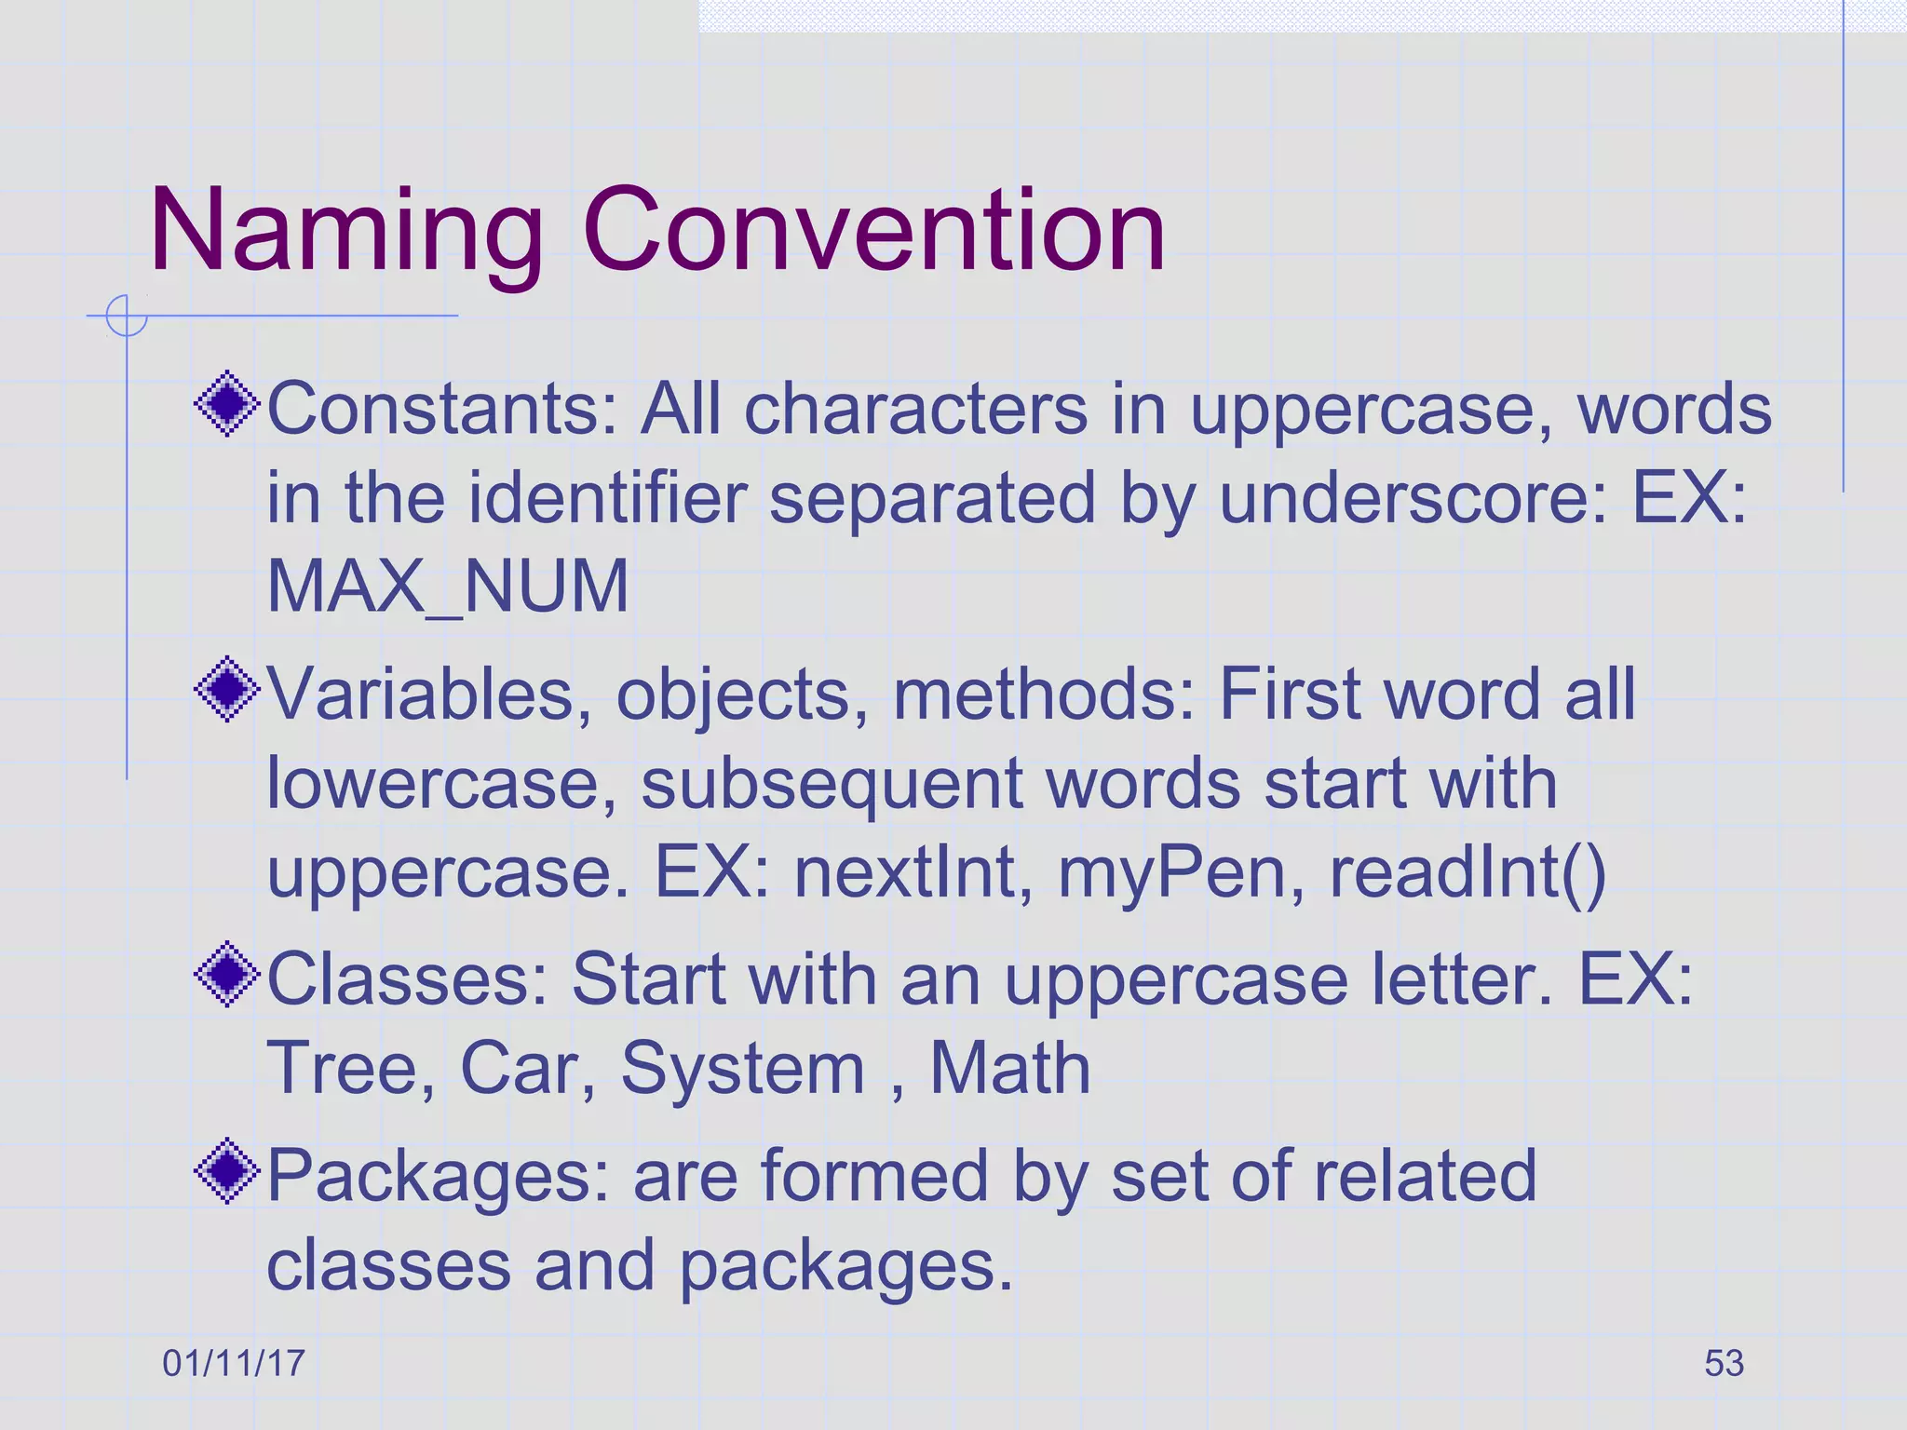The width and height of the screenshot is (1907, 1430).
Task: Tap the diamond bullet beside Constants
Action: click(x=227, y=405)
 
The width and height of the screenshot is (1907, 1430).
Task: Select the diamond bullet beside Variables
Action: click(x=227, y=690)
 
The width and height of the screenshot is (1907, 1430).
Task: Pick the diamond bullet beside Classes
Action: click(x=227, y=975)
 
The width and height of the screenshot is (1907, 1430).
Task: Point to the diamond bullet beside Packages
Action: click(x=227, y=1171)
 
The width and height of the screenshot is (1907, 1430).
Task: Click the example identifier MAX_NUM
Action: click(x=448, y=587)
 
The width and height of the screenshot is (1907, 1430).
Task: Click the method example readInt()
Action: click(x=1467, y=873)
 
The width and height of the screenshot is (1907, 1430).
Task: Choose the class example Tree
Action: click(x=350, y=1068)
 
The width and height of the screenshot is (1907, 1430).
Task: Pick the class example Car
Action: click(x=527, y=1068)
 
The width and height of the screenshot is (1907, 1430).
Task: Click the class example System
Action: click(x=743, y=1070)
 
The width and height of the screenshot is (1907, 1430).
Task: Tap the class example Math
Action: click(x=1010, y=1068)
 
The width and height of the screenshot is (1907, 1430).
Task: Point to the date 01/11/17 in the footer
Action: click(x=234, y=1364)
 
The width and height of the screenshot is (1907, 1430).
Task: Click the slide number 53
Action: click(x=1724, y=1364)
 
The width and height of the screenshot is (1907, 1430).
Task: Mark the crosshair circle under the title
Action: click(x=126, y=316)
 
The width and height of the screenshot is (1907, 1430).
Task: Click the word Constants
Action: click(x=442, y=409)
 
